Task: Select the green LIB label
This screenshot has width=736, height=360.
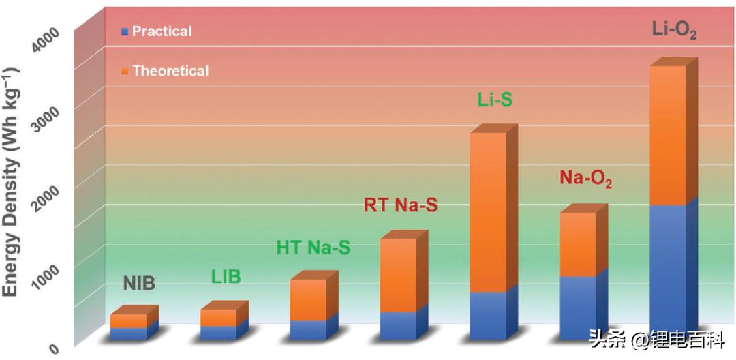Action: pyautogui.click(x=226, y=277)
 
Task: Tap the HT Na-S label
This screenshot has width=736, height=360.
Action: pyautogui.click(x=313, y=247)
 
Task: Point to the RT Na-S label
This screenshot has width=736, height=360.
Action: pyautogui.click(x=401, y=204)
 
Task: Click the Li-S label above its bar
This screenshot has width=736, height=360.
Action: pyautogui.click(x=494, y=101)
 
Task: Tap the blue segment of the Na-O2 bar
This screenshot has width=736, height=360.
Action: pyautogui.click(x=577, y=307)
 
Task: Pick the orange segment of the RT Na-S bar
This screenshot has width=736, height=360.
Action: pyautogui.click(x=397, y=275)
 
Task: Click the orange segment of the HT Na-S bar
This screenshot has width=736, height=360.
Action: pyautogui.click(x=307, y=299)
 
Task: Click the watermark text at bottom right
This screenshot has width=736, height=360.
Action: pyautogui.click(x=647, y=340)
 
